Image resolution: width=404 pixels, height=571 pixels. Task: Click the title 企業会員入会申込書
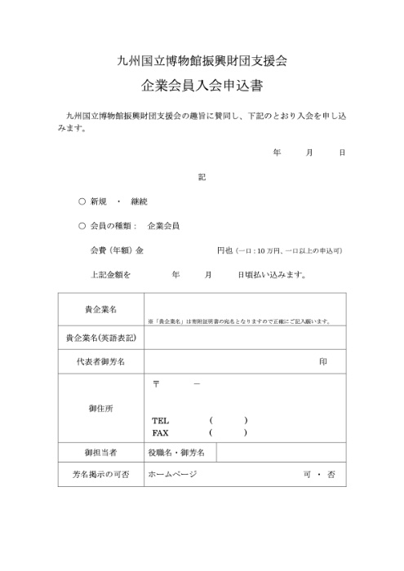click(x=202, y=85)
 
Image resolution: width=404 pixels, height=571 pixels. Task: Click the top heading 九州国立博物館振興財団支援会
click(x=202, y=60)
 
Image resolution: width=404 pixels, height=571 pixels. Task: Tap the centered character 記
click(x=202, y=176)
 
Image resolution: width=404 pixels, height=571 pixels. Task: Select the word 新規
click(x=100, y=201)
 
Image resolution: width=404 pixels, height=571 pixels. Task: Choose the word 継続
click(x=139, y=201)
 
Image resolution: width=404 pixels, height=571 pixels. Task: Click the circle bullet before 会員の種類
click(x=82, y=225)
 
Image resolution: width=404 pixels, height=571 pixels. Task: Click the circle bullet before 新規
click(x=82, y=201)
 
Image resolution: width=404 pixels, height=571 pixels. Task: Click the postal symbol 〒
click(x=157, y=383)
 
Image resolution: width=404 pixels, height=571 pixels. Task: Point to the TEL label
click(x=160, y=420)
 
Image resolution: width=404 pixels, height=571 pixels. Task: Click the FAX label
click(x=160, y=432)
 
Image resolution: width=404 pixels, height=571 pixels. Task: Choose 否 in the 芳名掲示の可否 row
click(x=331, y=474)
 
